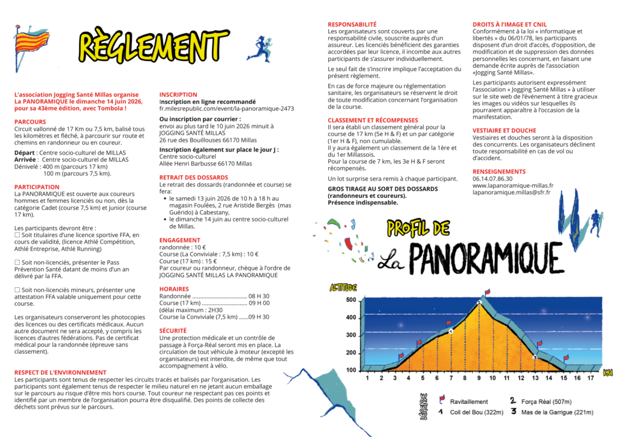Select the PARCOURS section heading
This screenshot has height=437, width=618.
tap(30, 122)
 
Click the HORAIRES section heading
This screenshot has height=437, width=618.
tap(174, 289)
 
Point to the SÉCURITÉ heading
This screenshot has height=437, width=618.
tap(173, 331)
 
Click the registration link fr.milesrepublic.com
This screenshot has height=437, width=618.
tap(226, 109)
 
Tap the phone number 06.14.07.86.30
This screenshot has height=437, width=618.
tap(492, 179)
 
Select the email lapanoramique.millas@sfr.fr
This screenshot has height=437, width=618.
tap(512, 193)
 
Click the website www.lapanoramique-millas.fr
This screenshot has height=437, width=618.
tap(512, 185)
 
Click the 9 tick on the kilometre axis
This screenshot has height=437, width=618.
tap(479, 378)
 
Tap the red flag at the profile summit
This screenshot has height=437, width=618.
tap(487, 293)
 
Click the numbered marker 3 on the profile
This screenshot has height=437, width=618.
tap(535, 357)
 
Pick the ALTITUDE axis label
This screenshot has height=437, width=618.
tap(343, 287)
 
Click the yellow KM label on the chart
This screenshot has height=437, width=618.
tap(607, 372)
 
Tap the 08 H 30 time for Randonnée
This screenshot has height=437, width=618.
tap(259, 296)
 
